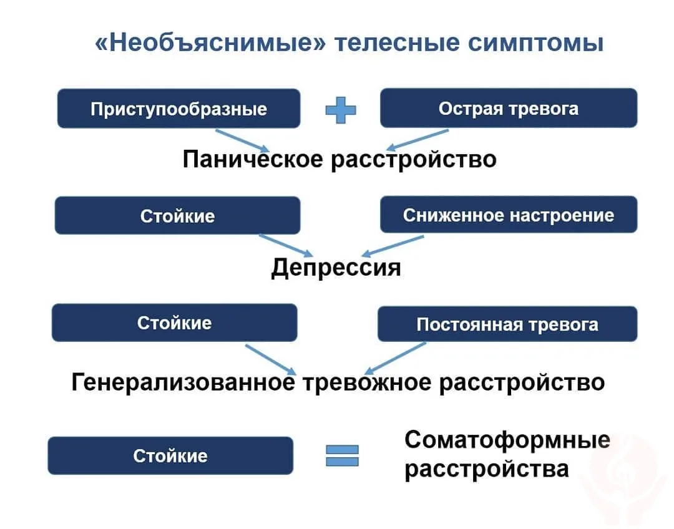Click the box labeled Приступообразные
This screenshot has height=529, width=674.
pos(178,109)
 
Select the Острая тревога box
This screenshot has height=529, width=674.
pos(508,108)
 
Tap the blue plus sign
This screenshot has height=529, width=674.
pos(341,110)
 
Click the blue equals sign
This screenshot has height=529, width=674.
pos(342,455)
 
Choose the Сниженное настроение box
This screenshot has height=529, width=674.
pos(508,215)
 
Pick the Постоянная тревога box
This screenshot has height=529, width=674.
pos(507,324)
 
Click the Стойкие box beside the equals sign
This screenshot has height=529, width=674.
pos(170,455)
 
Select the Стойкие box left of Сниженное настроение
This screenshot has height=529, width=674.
pos(177,216)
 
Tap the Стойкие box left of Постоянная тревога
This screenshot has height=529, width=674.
pos(174,323)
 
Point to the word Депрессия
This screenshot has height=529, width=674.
pos(336,268)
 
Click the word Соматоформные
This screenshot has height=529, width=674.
pos(507,440)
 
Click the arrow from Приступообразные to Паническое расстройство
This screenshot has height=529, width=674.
pos(242,141)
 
